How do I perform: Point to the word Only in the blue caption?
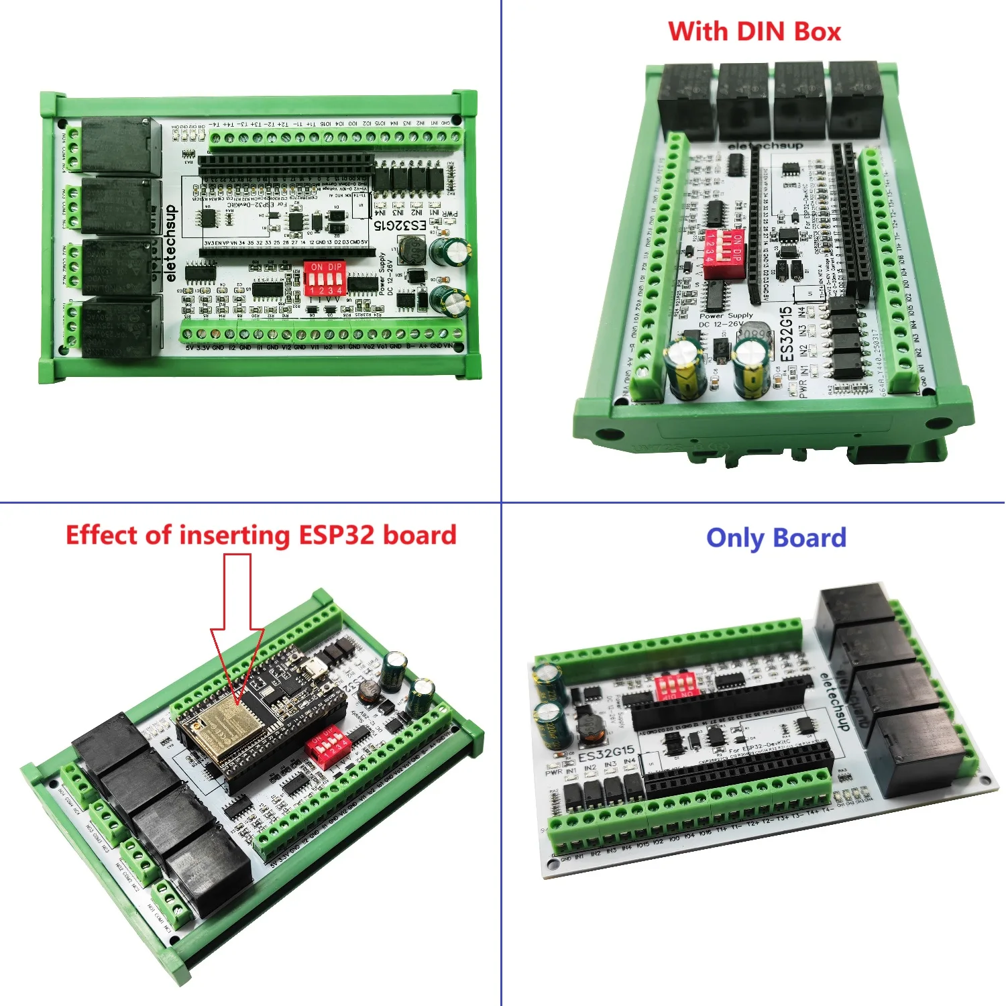[734, 538]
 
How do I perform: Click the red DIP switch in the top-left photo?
[325, 278]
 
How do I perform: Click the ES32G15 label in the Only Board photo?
[606, 753]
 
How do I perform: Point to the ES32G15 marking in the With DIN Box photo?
[786, 334]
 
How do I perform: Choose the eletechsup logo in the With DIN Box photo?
[765, 146]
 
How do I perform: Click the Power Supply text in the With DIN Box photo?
[726, 315]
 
